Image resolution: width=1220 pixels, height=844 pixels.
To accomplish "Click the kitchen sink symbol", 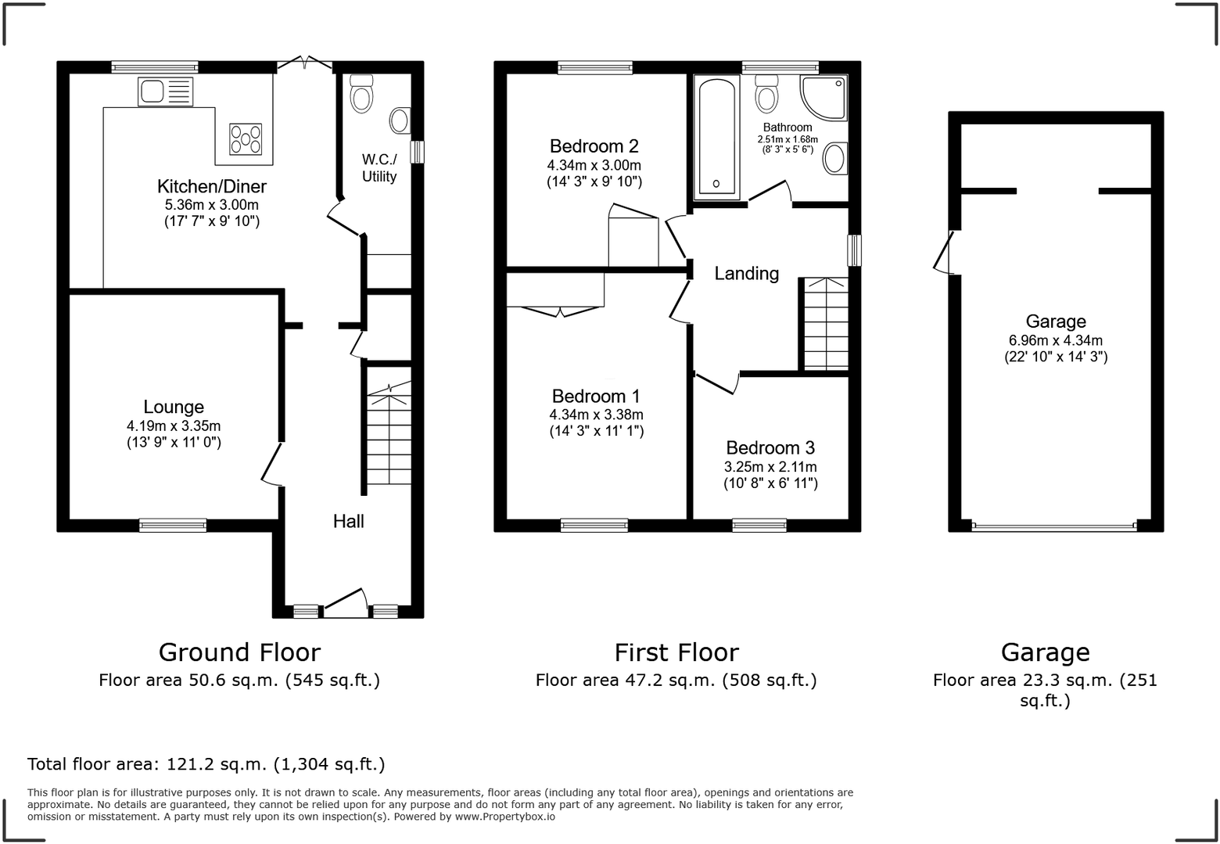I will (x=165, y=92).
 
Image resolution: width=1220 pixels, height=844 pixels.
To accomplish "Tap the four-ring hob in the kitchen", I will (x=246, y=139).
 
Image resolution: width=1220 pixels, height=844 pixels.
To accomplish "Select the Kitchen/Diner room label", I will (x=212, y=187).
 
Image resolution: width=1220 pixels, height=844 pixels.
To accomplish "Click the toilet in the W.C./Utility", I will (x=361, y=94).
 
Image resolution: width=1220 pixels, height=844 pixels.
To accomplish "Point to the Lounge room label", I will (x=174, y=407).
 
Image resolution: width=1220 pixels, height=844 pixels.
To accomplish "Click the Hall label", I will (x=348, y=522).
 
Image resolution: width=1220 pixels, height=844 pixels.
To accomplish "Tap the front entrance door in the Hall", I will (x=345, y=600).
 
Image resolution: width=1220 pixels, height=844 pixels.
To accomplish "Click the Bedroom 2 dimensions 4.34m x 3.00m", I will (x=594, y=166).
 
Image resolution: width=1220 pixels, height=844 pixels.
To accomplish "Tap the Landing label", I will (x=746, y=274).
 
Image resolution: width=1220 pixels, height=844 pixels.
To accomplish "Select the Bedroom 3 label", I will (x=770, y=448).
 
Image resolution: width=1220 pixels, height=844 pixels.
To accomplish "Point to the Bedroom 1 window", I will (x=594, y=526).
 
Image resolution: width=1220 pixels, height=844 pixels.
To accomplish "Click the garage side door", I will (x=943, y=252).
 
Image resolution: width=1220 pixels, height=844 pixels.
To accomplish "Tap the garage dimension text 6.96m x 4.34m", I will (x=1056, y=340).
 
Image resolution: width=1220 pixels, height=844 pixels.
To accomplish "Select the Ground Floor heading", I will (x=239, y=652).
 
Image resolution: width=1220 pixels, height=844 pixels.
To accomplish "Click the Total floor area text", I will (x=206, y=764).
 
